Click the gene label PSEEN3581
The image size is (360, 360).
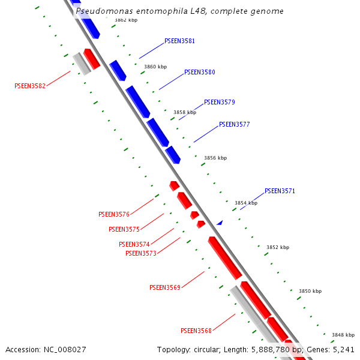pyautogui.click(x=179, y=41)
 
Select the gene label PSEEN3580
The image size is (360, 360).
pyautogui.click(x=199, y=72)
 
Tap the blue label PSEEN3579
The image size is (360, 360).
pyautogui.click(x=219, y=102)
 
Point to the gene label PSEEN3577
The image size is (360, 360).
pyautogui.click(x=234, y=125)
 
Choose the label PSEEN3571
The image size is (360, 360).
pyautogui.click(x=280, y=191)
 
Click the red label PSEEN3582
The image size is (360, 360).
pyautogui.click(x=30, y=86)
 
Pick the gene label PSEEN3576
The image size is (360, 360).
pyautogui.click(x=114, y=214)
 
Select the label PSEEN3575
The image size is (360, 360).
pyautogui.click(x=124, y=229)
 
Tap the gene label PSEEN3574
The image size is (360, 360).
pyautogui.click(x=134, y=244)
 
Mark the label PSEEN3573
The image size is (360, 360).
pyautogui.click(x=141, y=253)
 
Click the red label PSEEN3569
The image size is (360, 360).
pyautogui.click(x=165, y=287)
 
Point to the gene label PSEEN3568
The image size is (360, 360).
pyautogui.click(x=196, y=331)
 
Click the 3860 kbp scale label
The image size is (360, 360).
pyautogui.click(x=155, y=67)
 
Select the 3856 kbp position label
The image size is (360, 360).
pyautogui.click(x=215, y=158)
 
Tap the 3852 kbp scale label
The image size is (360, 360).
pyautogui.click(x=278, y=247)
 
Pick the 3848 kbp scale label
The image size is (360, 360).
pyautogui.click(x=343, y=335)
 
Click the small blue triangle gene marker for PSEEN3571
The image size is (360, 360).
pyautogui.click(x=220, y=223)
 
